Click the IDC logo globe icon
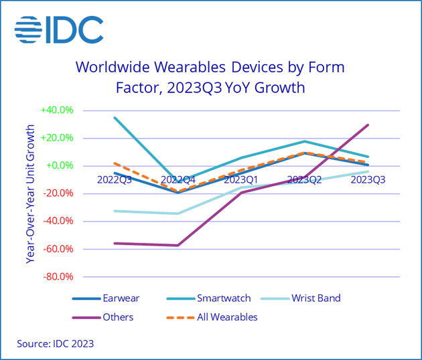point(27,29)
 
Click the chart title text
point(210,77)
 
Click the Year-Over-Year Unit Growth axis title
point(30,193)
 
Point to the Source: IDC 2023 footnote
point(55,345)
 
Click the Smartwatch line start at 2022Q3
point(115,118)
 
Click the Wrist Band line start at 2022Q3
point(115,211)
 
